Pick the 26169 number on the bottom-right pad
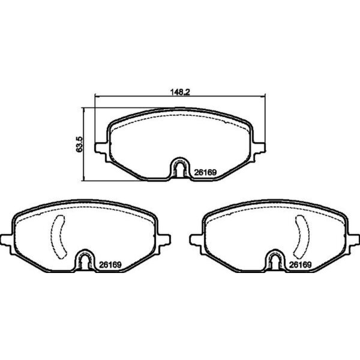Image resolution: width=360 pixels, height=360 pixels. pyautogui.click(x=299, y=264)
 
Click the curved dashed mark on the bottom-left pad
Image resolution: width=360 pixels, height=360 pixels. pyautogui.click(x=59, y=237)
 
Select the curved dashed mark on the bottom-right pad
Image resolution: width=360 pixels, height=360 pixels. pyautogui.click(x=301, y=237)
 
